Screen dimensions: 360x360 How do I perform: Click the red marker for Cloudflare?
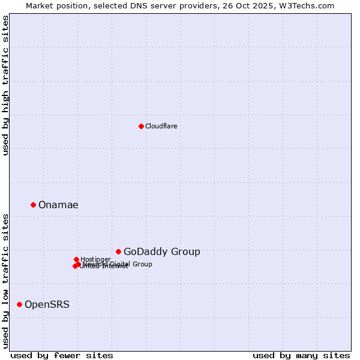click(x=141, y=126)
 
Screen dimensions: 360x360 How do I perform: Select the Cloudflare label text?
click(x=161, y=126)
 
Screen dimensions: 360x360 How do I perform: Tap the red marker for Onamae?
click(x=33, y=205)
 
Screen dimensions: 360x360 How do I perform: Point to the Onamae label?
click(x=58, y=205)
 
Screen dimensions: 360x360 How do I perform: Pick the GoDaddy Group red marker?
click(x=118, y=251)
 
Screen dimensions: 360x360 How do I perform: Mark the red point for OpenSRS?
click(x=19, y=304)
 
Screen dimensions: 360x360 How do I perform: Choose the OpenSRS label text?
click(x=47, y=304)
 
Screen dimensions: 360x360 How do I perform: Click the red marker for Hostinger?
click(x=76, y=259)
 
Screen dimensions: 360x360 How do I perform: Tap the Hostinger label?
click(x=95, y=259)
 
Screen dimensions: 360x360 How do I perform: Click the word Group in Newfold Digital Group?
click(x=142, y=264)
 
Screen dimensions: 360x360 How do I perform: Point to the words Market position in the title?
click(x=55, y=5)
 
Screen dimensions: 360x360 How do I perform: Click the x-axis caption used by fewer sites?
click(x=62, y=355)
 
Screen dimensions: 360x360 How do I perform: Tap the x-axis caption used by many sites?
click(x=301, y=355)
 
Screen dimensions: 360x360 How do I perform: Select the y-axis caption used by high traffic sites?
click(x=5, y=85)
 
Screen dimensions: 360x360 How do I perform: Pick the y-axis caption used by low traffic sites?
click(x=5, y=280)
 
